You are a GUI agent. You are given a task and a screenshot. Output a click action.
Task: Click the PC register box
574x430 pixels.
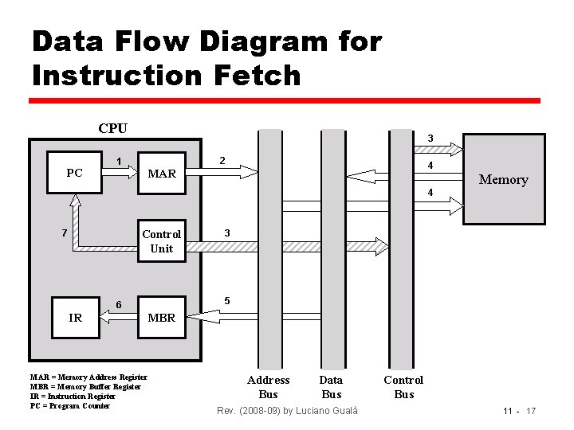tap(74, 173)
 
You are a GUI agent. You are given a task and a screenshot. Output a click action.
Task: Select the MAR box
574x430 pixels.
tap(162, 173)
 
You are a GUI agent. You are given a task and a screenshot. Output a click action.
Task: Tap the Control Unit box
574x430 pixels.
tap(162, 240)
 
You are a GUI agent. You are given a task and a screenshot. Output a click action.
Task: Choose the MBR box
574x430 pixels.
tap(162, 318)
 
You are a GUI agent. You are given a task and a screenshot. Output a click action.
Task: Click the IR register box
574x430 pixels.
tap(76, 318)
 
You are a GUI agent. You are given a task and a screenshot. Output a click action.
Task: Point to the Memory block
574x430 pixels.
tap(502, 179)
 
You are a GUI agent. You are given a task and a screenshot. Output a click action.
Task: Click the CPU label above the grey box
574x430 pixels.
tap(112, 128)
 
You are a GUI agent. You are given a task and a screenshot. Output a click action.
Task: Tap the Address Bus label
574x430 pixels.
tap(269, 387)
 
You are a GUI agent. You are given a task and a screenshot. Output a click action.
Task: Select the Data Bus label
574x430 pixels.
tap(331, 387)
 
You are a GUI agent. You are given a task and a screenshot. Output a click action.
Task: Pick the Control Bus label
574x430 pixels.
tap(403, 387)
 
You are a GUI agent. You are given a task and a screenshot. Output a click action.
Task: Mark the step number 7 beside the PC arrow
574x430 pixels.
tap(63, 233)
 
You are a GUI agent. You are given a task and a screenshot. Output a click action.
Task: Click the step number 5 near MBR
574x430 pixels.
tap(227, 301)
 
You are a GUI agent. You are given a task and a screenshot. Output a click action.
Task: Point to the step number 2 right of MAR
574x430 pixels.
tap(223, 162)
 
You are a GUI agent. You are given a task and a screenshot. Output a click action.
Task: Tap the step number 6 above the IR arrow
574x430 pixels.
tap(119, 305)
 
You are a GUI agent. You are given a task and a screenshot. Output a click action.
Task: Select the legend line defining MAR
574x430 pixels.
tap(88, 377)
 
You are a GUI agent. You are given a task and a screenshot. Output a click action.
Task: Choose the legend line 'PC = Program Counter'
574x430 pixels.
tap(69, 406)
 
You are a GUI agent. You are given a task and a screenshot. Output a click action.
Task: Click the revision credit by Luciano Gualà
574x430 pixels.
tap(287, 410)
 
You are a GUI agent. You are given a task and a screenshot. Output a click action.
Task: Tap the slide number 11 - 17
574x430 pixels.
tap(519, 410)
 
